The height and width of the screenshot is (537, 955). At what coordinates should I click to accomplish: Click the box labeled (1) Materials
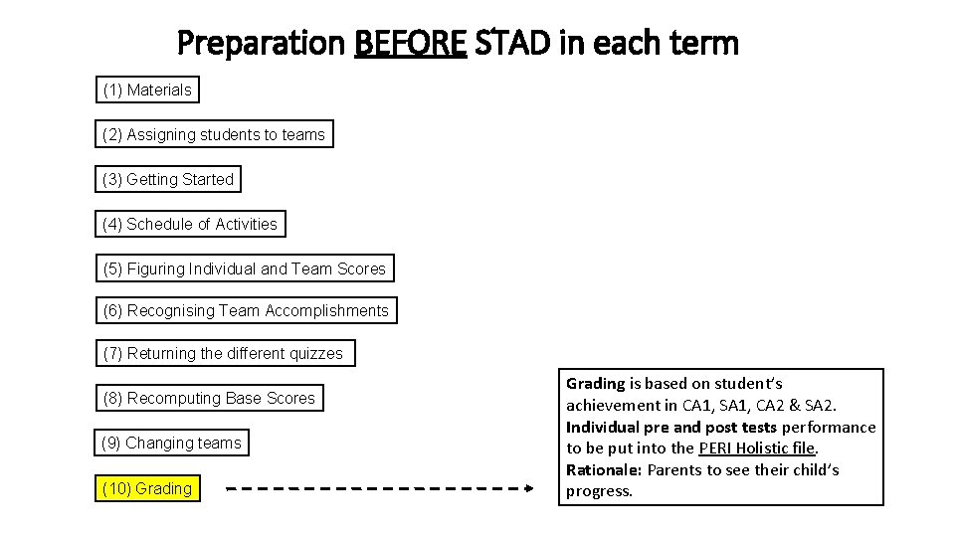pyautogui.click(x=147, y=90)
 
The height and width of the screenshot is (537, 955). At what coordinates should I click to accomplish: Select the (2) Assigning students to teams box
pyautogui.click(x=214, y=135)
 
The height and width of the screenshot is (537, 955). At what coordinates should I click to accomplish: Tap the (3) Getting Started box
pyautogui.click(x=168, y=180)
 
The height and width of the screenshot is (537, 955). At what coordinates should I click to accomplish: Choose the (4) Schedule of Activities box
pyautogui.click(x=190, y=225)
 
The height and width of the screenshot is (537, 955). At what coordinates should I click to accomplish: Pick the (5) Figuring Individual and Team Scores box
pyautogui.click(x=245, y=269)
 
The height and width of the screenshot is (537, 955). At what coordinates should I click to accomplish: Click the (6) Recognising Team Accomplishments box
pyautogui.click(x=246, y=311)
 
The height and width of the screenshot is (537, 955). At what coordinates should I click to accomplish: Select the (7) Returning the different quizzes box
pyautogui.click(x=224, y=354)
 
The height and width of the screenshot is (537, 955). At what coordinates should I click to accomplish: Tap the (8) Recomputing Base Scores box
pyautogui.click(x=209, y=399)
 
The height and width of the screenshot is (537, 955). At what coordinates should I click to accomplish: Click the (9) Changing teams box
pyautogui.click(x=172, y=444)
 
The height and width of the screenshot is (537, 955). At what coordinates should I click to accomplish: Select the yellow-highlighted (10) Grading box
pyautogui.click(x=147, y=489)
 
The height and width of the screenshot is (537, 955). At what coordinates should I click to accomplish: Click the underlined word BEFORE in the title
pyautogui.click(x=410, y=44)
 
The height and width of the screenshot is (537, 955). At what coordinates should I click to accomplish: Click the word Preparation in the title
pyautogui.click(x=261, y=44)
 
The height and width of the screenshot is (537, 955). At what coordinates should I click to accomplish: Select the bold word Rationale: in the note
pyautogui.click(x=604, y=469)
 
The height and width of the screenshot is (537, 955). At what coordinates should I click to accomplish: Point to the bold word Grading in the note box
pyautogui.click(x=595, y=383)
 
